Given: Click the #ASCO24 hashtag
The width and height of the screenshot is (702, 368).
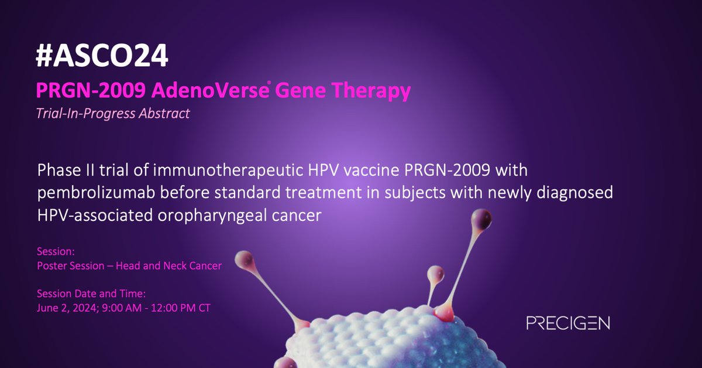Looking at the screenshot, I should click(x=102, y=57).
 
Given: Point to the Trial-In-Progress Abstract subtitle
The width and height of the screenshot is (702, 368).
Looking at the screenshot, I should click(x=113, y=114).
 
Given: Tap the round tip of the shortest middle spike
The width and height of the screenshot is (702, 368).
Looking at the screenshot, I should click(x=435, y=273).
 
